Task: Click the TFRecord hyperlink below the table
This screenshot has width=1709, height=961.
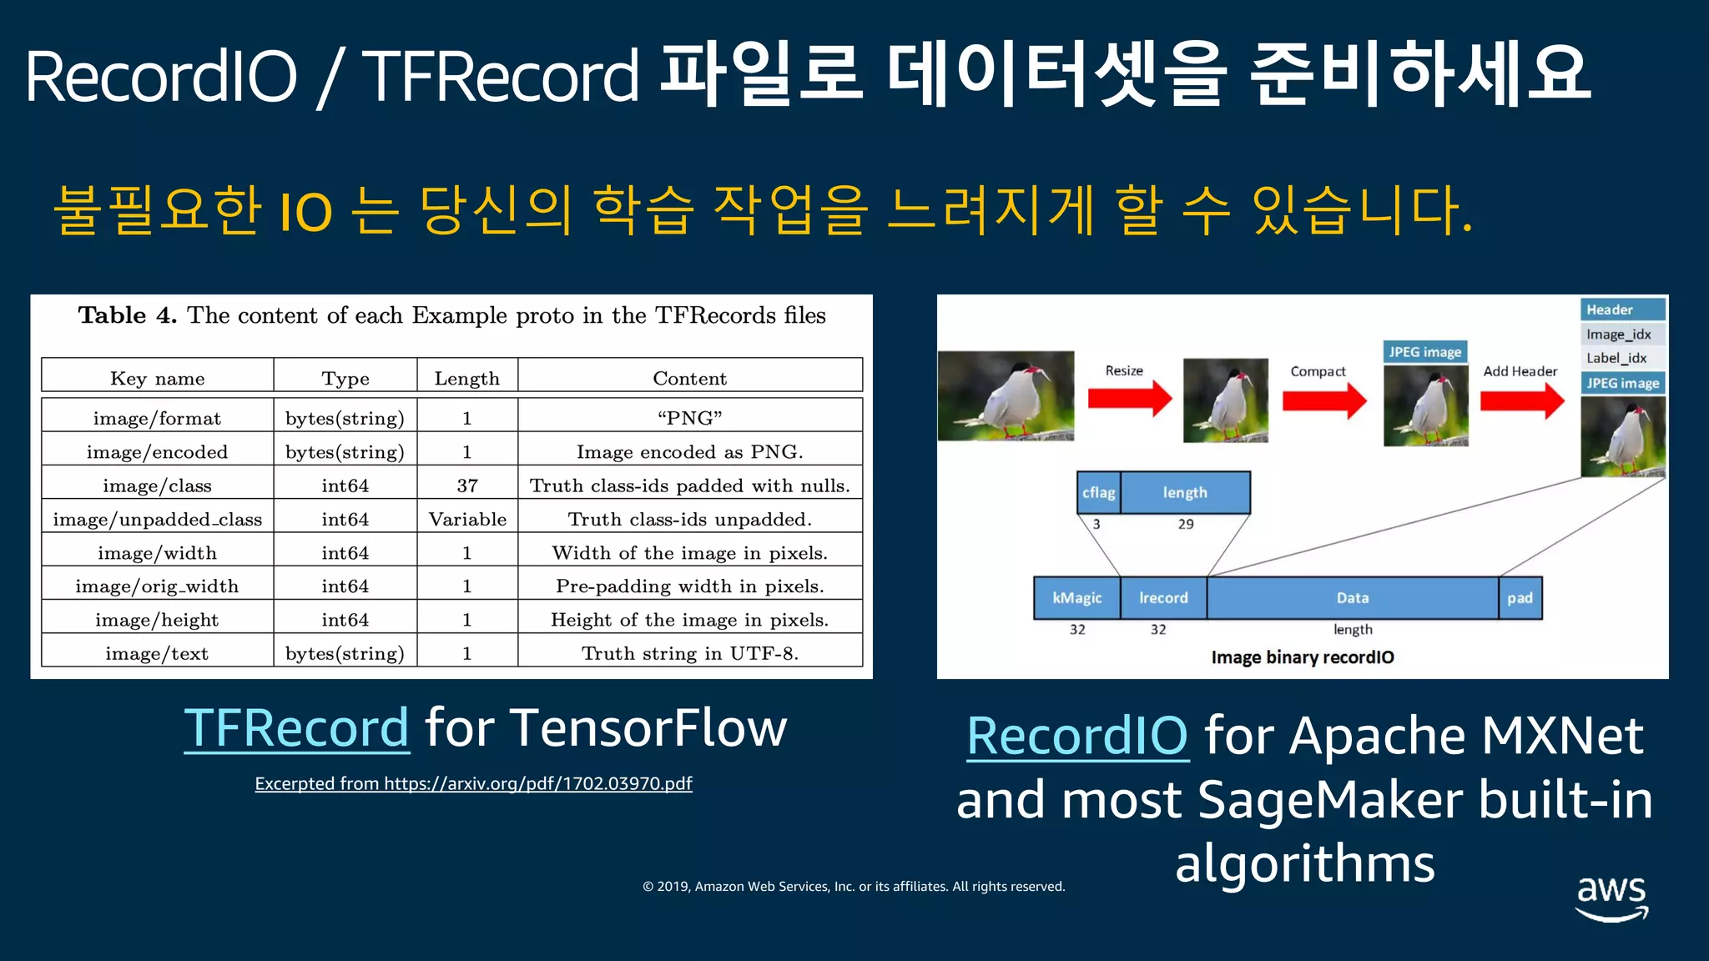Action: click(x=297, y=728)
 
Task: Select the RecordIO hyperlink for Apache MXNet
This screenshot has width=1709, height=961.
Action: click(x=1077, y=736)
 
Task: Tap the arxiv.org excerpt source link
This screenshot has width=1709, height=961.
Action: click(x=473, y=783)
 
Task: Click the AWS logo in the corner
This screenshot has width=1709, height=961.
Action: click(x=1611, y=897)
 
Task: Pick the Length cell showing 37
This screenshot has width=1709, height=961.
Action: click(x=467, y=486)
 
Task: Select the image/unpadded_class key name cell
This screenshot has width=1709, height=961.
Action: click(x=157, y=520)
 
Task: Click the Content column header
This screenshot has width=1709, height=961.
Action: click(x=689, y=378)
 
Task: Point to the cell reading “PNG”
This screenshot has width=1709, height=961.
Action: click(x=689, y=418)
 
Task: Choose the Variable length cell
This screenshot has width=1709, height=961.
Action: click(x=467, y=520)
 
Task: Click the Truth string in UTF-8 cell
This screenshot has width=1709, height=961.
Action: click(x=689, y=653)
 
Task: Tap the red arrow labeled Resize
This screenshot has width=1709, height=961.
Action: click(x=1129, y=398)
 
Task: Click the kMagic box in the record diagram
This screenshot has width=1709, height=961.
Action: click(x=1076, y=598)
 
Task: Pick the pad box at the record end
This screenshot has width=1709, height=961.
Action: click(x=1520, y=598)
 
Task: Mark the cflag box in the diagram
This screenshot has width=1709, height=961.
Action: click(x=1098, y=492)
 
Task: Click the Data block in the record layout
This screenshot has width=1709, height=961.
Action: click(x=1352, y=598)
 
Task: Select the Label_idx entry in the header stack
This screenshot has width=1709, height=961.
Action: click(x=1616, y=358)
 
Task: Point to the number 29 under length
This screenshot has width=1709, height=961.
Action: click(x=1186, y=524)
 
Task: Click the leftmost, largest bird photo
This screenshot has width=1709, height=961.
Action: click(x=1006, y=396)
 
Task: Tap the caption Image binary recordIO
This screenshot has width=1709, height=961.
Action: click(x=1302, y=657)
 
